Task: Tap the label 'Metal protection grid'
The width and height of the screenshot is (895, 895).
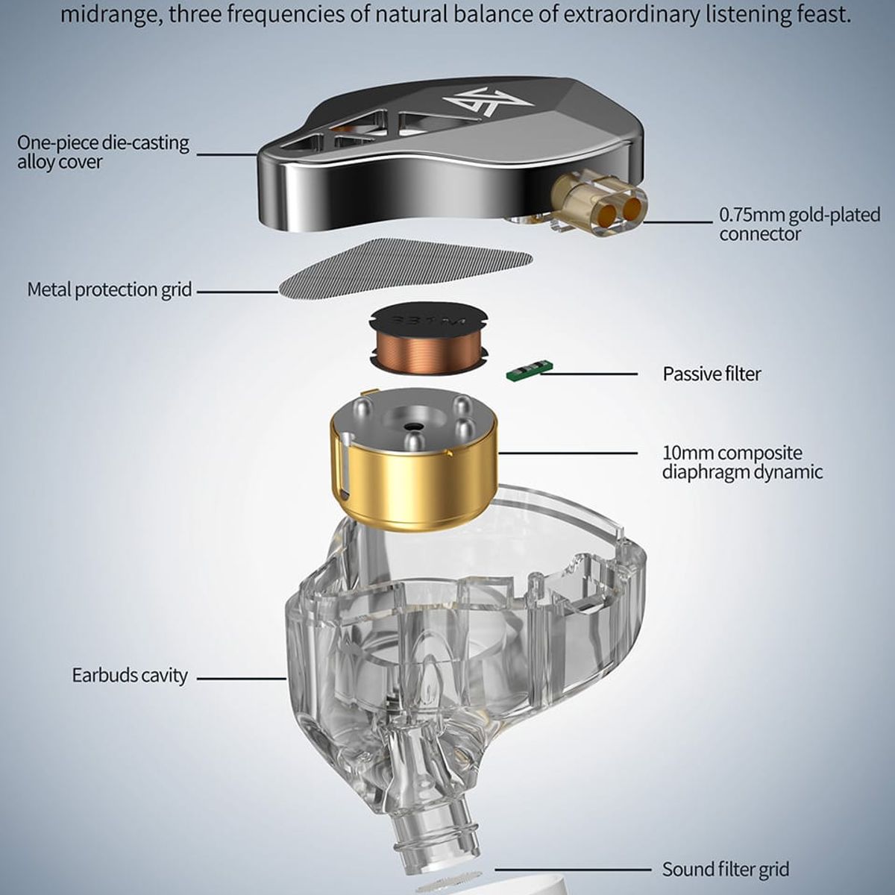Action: pos(110,290)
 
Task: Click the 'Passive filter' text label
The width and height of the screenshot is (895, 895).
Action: pos(712,374)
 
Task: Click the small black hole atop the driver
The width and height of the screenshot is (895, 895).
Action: pos(410,425)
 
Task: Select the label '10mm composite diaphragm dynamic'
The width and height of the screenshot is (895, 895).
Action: pos(742,462)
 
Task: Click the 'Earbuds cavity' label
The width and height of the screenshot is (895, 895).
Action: pos(130,675)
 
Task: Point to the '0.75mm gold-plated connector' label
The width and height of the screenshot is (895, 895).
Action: pos(800,224)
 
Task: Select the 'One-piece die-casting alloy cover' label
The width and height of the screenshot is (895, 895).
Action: pos(103,152)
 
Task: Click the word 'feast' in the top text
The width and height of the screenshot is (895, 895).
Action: pos(816,14)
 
